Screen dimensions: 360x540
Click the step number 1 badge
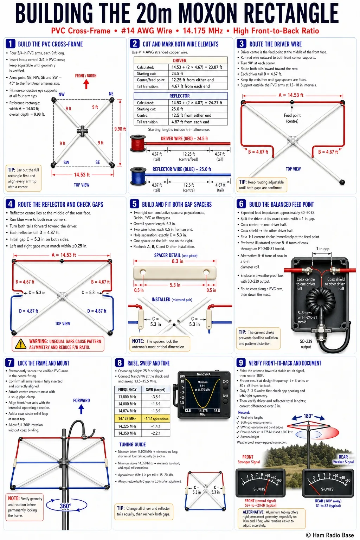click(x=10, y=44)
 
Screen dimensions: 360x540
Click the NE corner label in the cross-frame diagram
click(x=111, y=94)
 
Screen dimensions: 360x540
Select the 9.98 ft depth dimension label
click(x=120, y=129)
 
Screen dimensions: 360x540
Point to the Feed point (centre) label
click(x=292, y=118)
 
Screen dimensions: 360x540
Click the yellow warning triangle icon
click(x=21, y=344)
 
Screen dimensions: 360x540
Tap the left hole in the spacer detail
click(x=143, y=272)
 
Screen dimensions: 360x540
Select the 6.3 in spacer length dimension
click(x=177, y=261)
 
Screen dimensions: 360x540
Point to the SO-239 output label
click(x=306, y=344)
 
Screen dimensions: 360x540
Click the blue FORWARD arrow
click(x=81, y=409)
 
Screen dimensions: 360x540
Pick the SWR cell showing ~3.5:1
click(x=155, y=397)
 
